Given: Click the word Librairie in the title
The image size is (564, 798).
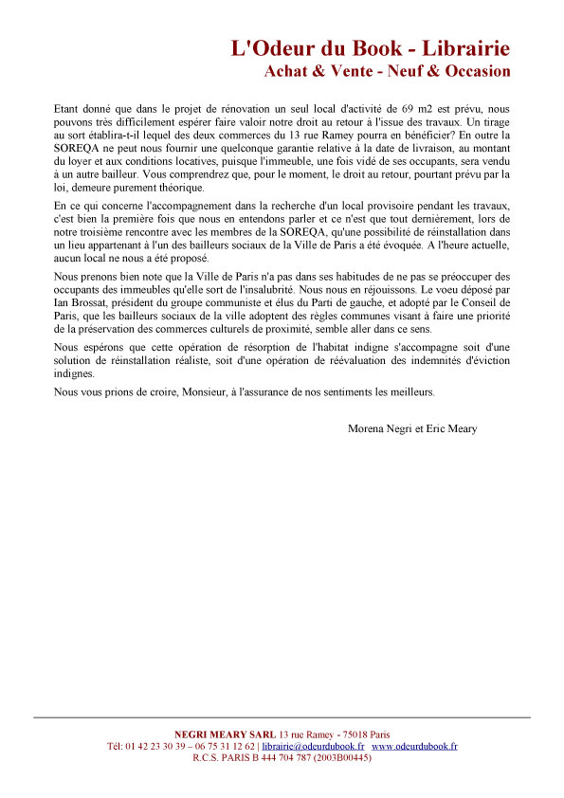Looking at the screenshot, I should pos(463,48).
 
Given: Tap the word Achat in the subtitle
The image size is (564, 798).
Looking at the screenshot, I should pos(288,71).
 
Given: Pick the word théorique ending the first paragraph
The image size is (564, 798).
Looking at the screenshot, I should pos(173,189).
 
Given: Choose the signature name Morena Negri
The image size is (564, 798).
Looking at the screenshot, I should pos(381,428).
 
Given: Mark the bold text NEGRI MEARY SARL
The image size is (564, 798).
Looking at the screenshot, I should pos(226,735).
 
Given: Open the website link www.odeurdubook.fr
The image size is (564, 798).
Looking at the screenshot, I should pos(414,746).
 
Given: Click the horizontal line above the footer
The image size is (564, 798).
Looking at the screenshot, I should pos(282,717).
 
